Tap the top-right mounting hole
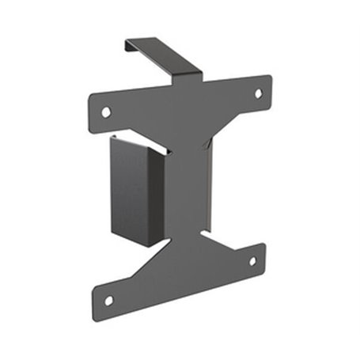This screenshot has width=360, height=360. point(258,93)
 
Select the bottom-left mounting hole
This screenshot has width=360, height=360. point(108,300)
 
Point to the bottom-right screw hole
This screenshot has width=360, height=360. point(253,261)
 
